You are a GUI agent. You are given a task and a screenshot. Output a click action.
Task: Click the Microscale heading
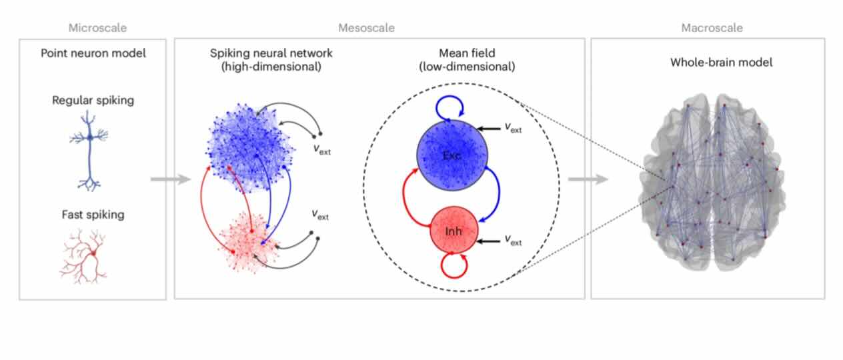coord(97,28)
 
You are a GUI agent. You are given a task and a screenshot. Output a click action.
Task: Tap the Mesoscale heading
coord(366,28)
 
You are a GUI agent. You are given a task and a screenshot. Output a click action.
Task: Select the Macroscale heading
coord(712,28)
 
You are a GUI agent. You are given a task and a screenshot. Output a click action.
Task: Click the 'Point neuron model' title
coord(93,53)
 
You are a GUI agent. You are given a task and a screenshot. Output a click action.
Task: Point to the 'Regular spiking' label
coord(93,101)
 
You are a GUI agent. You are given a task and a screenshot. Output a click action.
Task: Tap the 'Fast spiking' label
coord(93,215)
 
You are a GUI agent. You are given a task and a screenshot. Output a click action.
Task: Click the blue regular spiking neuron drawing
coord(89,151)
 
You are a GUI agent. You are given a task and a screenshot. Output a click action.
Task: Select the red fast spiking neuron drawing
coord(83,256)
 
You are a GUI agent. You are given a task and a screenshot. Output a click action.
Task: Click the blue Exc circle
coord(452,155)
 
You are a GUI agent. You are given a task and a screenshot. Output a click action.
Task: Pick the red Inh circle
coord(454,229)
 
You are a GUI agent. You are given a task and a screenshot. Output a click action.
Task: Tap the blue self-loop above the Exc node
coord(449,97)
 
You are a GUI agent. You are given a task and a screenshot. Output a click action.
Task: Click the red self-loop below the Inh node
coord(454,277)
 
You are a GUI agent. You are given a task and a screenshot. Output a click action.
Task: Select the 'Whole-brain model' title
coord(721,62)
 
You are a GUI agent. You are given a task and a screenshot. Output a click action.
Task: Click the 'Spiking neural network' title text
coord(271,53)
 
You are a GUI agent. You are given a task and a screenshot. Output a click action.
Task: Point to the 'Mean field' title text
coord(467,53)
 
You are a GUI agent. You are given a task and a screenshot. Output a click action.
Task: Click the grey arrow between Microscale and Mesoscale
coord(171,179)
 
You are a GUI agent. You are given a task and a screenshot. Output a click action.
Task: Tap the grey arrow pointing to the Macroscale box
coord(588,179)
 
